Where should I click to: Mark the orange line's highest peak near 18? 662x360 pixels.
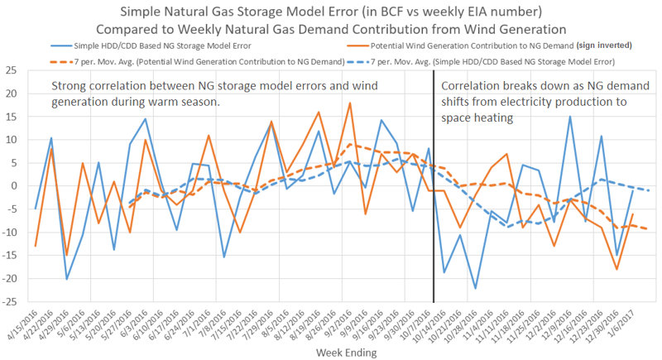click(x=350, y=103)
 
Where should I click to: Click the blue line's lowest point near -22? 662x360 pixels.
click(x=476, y=288)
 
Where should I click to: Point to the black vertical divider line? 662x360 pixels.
click(x=434, y=207)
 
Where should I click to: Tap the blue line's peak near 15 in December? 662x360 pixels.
click(x=570, y=117)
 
